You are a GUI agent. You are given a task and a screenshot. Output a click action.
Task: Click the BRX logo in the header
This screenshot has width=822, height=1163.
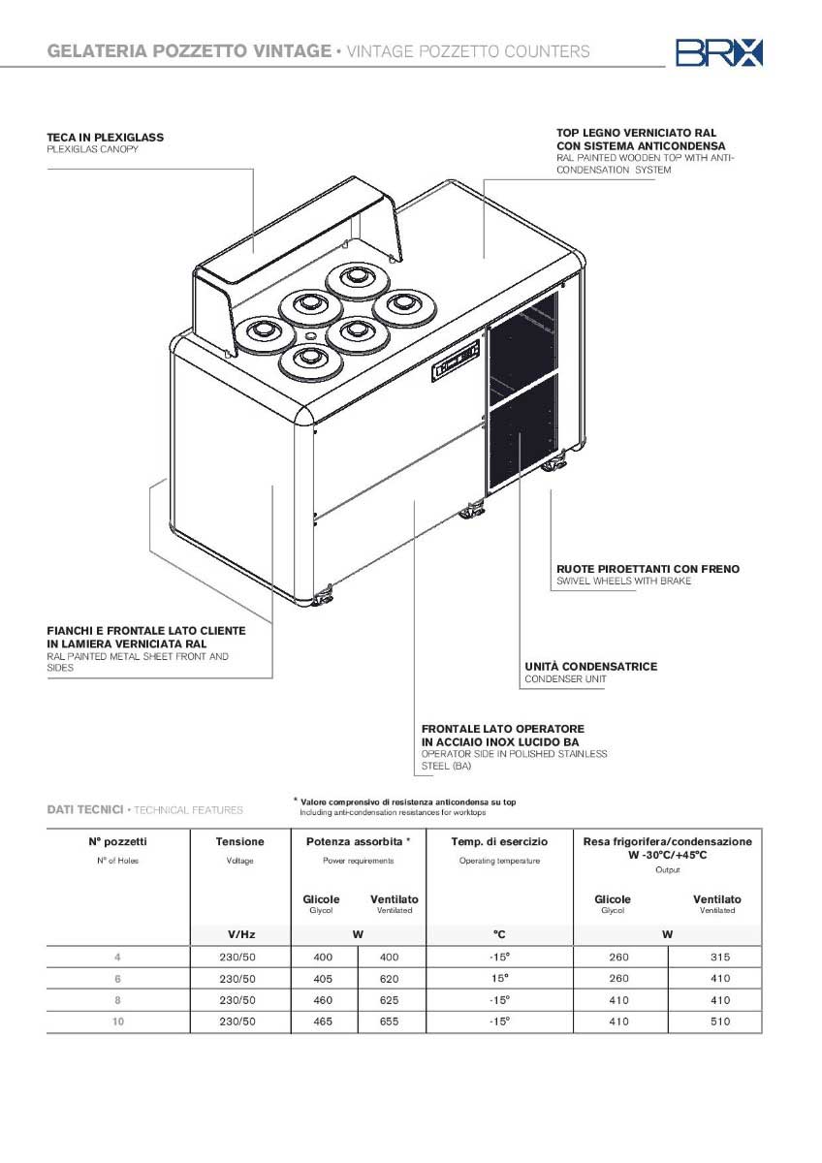pos(719,51)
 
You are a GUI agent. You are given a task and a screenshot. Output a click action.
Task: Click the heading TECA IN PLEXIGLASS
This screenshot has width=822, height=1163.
pos(106,138)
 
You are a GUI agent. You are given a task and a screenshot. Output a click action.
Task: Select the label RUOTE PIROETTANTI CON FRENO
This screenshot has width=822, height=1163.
pos(648,569)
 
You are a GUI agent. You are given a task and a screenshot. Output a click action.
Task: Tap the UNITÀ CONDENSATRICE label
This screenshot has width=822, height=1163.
pos(591,667)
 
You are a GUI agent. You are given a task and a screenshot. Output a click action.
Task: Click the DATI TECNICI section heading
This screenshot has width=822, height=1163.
pos(85,809)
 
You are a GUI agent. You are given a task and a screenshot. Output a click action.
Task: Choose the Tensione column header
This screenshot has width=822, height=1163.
pos(239,842)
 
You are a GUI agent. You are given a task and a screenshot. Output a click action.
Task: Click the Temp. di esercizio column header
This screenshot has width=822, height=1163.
pos(499,842)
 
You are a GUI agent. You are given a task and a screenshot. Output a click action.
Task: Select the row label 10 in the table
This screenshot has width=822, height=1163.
pos(118,1022)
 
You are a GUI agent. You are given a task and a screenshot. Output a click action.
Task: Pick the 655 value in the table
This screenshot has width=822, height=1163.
pos(392,1022)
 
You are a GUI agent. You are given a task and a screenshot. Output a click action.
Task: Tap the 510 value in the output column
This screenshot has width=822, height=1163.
pos(718,1022)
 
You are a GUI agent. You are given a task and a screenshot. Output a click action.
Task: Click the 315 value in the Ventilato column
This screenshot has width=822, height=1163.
pos(718,958)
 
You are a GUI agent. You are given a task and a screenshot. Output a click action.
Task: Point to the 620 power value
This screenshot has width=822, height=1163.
pos(392,979)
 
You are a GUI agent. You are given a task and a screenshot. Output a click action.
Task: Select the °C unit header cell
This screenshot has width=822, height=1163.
pos(499,935)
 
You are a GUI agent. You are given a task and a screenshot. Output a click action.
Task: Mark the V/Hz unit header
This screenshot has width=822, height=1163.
pos(239,935)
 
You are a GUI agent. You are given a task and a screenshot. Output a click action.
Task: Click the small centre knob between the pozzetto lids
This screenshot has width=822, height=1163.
pos(310,335)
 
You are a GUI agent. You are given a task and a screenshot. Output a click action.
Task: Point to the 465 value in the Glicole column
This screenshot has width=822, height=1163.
pos(323,1022)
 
